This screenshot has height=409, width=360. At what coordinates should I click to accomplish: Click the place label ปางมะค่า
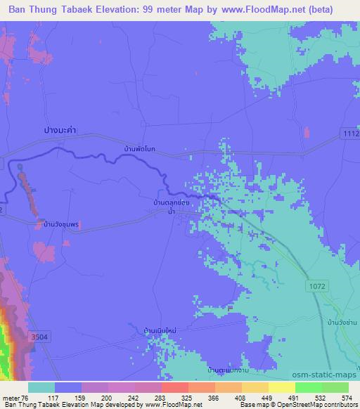click(x=58, y=131)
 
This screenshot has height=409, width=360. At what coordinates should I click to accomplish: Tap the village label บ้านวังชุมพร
click(x=58, y=225)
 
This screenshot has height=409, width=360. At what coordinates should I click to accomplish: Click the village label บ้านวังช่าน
click(x=334, y=322)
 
